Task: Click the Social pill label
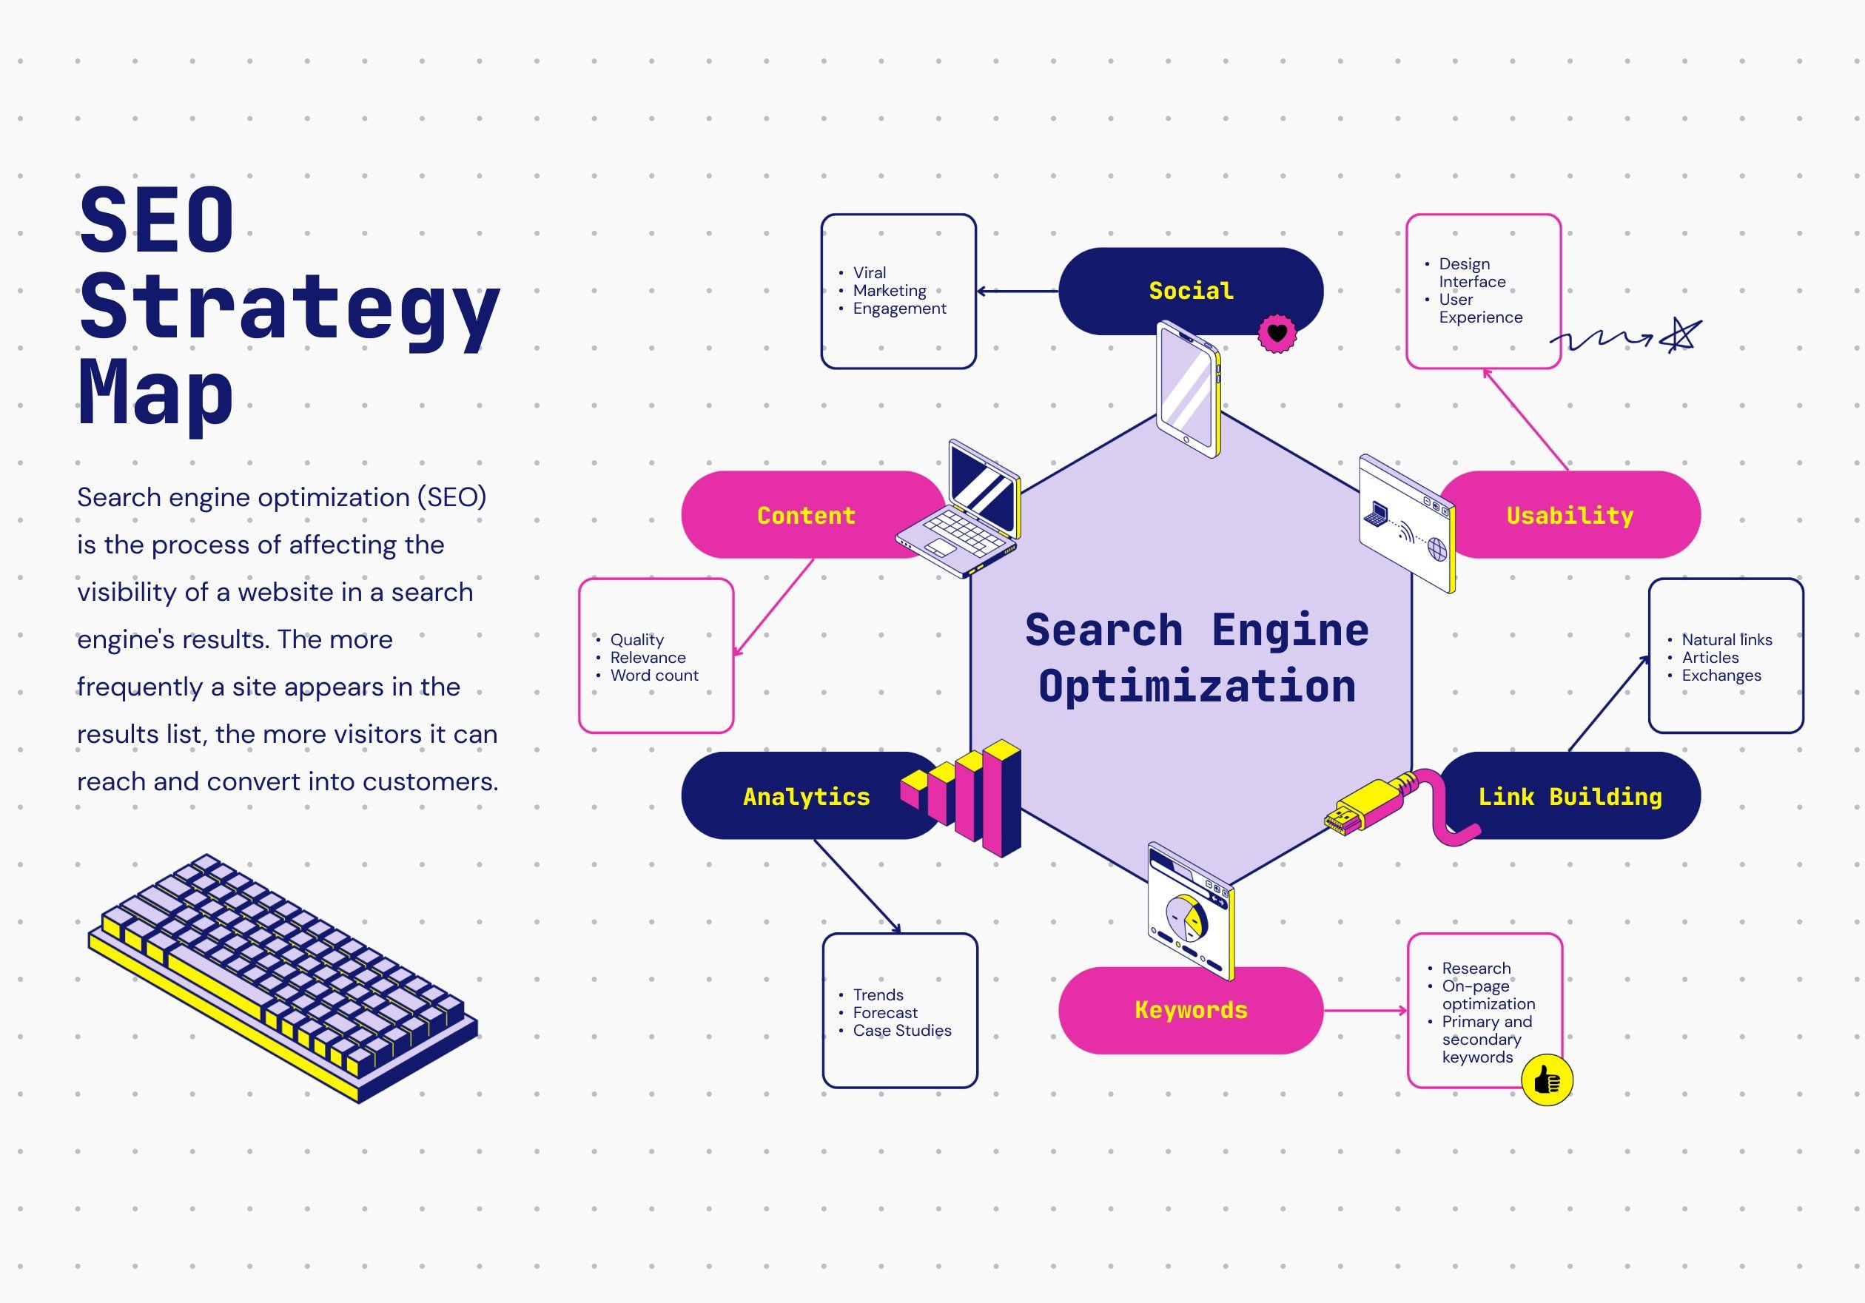pyautogui.click(x=1190, y=290)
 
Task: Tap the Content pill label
pyautogui.click(x=806, y=515)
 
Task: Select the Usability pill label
pyautogui.click(x=1569, y=515)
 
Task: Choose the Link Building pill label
pyautogui.click(x=1569, y=796)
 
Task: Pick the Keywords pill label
pyautogui.click(x=1190, y=1010)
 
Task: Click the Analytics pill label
pyautogui.click(x=806, y=796)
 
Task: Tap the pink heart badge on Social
pyautogui.click(x=1277, y=333)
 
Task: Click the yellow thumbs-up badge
pyautogui.click(x=1547, y=1080)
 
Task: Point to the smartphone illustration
pyautogui.click(x=1189, y=390)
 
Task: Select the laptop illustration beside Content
pyautogui.click(x=963, y=512)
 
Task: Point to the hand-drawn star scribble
pyautogui.click(x=1680, y=335)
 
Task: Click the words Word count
pyautogui.click(x=654, y=675)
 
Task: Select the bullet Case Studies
pyautogui.click(x=901, y=1030)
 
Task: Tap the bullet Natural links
pyautogui.click(x=1726, y=639)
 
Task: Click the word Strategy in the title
pyautogui.click(x=289, y=309)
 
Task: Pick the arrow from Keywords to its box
pyautogui.click(x=1365, y=1011)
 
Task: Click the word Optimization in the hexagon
pyautogui.click(x=1197, y=687)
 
